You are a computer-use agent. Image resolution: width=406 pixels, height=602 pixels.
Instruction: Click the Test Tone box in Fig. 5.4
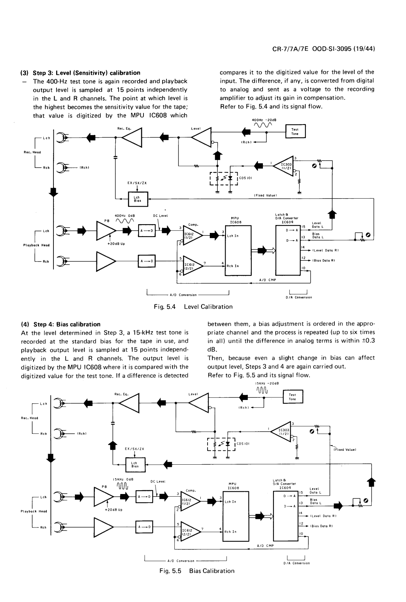295,131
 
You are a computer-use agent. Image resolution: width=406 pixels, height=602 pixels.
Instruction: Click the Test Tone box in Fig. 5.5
293,397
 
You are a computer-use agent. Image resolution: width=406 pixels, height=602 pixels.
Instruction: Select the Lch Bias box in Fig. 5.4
138,199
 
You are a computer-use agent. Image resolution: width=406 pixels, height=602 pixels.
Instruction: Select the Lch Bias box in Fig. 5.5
135,465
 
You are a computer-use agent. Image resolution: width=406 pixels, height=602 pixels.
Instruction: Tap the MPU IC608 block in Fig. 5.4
238,251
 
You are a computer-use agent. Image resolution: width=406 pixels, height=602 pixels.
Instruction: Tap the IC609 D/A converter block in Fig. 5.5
285,516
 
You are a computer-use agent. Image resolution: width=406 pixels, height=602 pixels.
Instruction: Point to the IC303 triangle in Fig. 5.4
284,166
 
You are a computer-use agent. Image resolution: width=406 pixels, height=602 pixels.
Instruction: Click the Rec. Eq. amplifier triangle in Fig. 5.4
131,138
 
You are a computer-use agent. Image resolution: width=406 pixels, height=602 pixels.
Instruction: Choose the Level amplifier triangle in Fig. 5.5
198,403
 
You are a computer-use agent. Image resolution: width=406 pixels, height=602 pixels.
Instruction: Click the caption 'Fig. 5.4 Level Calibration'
193,307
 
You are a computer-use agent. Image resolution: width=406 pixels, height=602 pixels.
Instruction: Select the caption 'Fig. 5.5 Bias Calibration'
197,571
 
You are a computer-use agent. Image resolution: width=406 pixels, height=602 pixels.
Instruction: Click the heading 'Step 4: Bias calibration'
67,324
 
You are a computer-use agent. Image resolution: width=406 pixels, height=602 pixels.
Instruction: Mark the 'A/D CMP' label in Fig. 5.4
267,280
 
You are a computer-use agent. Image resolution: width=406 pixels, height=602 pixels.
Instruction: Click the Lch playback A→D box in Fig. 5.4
147,231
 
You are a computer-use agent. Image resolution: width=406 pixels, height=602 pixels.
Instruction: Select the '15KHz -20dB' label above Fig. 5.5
267,383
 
